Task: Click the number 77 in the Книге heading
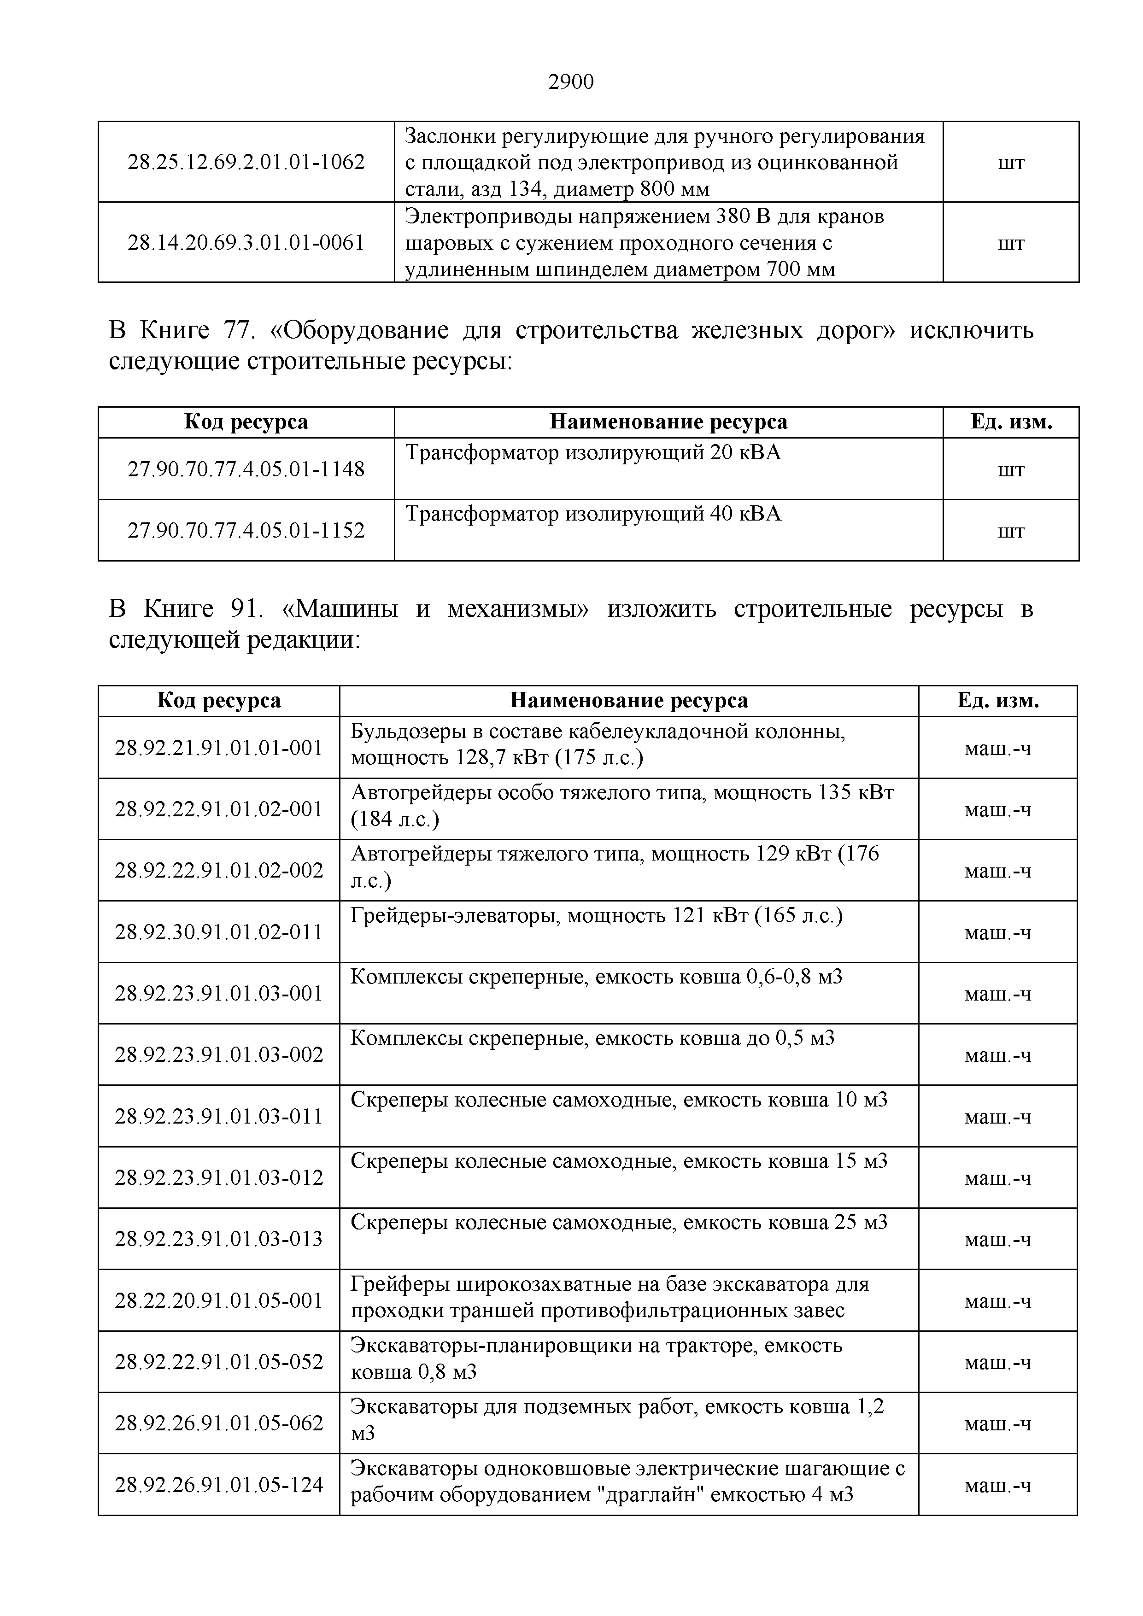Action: (x=239, y=330)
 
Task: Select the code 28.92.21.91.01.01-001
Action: (x=219, y=748)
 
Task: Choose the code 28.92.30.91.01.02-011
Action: (x=219, y=932)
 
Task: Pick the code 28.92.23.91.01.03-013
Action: (x=219, y=1239)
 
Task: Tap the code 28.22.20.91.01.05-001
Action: (x=219, y=1300)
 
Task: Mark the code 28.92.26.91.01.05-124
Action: (x=219, y=1484)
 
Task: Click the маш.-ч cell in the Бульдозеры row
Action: (x=997, y=748)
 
